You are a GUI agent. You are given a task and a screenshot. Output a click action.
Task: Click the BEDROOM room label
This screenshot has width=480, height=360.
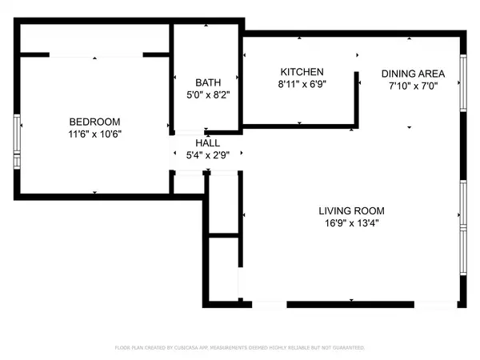click(94, 122)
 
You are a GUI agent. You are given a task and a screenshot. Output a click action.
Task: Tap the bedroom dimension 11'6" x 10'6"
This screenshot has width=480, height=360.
click(94, 134)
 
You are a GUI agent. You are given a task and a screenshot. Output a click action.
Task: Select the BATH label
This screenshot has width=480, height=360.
click(206, 82)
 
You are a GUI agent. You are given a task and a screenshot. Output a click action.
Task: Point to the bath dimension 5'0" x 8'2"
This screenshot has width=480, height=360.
click(206, 94)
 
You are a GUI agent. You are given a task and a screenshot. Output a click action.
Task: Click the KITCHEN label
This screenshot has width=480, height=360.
click(301, 71)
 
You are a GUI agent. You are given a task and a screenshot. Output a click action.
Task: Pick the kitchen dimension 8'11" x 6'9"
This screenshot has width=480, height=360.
click(301, 83)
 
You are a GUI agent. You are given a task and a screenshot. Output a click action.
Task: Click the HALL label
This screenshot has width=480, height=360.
click(206, 145)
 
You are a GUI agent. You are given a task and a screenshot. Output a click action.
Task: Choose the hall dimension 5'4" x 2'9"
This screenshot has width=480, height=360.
click(206, 157)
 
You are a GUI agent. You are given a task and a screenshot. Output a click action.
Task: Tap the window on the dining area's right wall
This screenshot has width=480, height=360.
click(462, 83)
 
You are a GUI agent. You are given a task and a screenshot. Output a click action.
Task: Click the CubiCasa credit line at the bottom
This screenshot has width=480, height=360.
click(240, 348)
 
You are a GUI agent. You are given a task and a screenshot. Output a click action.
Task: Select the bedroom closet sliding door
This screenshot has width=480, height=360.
click(96, 55)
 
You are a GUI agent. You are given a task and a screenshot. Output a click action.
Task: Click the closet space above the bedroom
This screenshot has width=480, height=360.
click(94, 38)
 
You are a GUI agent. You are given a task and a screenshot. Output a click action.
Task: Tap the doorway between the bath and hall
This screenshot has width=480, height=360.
click(190, 132)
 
